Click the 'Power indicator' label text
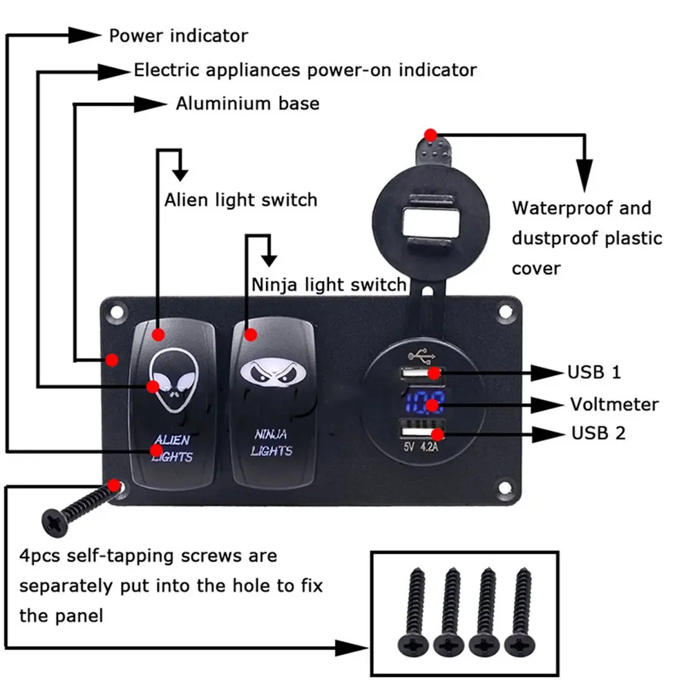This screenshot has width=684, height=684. pos(178,35)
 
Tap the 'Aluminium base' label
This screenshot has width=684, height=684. pos(247,104)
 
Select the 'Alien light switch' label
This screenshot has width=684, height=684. pos(240,200)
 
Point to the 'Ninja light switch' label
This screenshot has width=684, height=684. pos(329,284)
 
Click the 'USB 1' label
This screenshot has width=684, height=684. pos(593,372)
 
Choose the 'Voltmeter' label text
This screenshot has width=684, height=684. pos(614,404)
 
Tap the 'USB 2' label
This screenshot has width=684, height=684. pos(598,434)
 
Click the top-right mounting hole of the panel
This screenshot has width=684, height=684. pos(507,312)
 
